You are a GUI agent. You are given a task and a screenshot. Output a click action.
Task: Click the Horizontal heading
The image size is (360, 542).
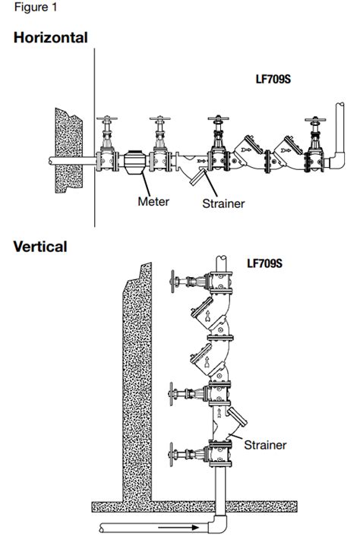click(50, 37)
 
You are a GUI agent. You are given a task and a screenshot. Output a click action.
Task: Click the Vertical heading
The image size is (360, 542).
click(40, 246)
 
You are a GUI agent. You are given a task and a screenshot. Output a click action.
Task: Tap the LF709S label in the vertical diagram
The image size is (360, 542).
click(265, 265)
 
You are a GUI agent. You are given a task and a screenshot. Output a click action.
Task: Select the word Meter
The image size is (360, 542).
click(153, 201)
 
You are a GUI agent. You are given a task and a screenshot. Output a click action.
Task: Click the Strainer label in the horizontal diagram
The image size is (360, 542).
click(223, 203)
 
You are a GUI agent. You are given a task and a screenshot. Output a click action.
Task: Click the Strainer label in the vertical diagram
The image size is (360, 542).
click(265, 445)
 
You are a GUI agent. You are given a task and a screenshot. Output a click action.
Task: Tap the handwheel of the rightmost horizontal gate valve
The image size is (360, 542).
click(312, 120)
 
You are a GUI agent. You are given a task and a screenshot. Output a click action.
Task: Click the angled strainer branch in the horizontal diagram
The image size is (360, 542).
click(200, 180)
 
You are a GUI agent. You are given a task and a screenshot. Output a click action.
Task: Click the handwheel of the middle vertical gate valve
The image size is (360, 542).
click(174, 394)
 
